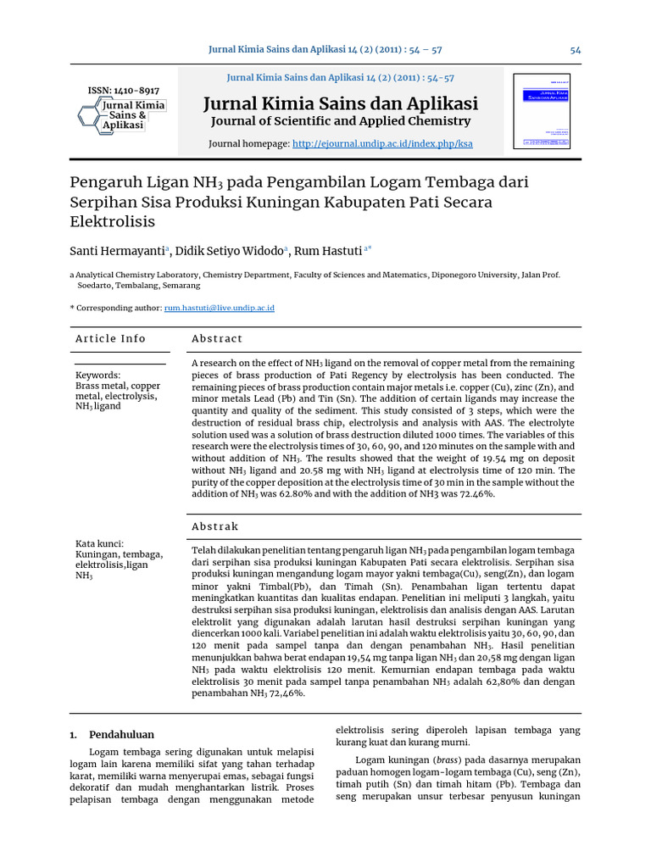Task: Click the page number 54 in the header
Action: [x=576, y=50]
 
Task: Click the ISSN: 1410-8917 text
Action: [x=124, y=91]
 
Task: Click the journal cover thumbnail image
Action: [x=542, y=111]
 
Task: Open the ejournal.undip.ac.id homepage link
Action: [x=382, y=144]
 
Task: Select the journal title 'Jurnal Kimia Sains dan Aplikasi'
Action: [x=341, y=103]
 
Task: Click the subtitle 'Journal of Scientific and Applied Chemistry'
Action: [x=340, y=122]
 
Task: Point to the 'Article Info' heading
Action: [x=110, y=339]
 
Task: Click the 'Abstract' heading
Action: [x=217, y=339]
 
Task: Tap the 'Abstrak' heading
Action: [x=215, y=526]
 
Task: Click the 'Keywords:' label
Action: [x=98, y=375]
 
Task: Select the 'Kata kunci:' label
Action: [x=100, y=544]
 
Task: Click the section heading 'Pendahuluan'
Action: [x=122, y=735]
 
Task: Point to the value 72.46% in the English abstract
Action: [x=475, y=494]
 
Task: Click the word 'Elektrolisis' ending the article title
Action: [x=112, y=222]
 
